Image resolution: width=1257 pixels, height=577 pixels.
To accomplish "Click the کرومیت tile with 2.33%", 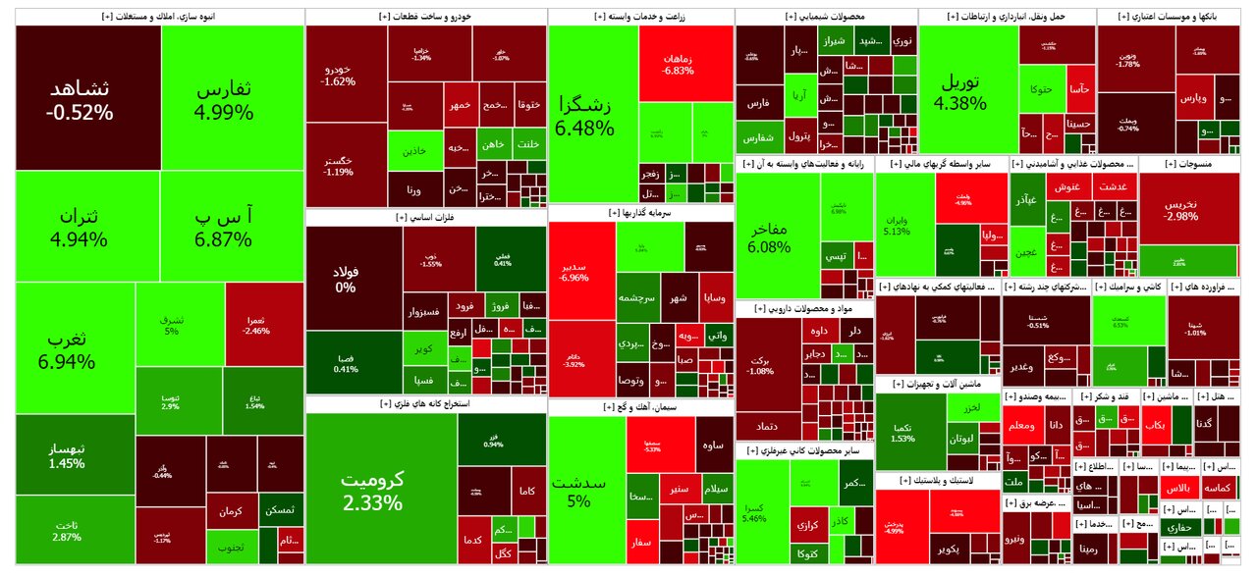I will tap(372, 491).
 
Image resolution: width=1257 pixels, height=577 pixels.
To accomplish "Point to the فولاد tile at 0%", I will tap(346, 279).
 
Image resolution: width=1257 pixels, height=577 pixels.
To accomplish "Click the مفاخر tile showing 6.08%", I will tap(769, 236).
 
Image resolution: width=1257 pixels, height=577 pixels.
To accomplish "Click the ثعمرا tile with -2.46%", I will tap(259, 323).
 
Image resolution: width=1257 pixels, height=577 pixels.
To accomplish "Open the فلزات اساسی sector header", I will tap(425, 216).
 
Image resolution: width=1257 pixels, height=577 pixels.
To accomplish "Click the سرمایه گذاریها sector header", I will tap(640, 212).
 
